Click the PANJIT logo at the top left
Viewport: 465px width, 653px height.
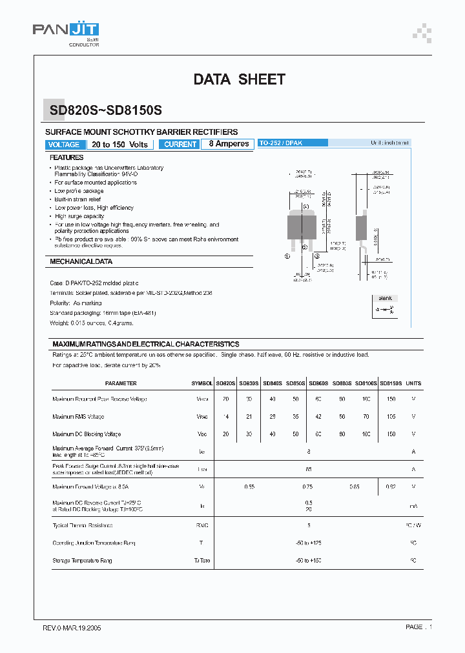click(66, 30)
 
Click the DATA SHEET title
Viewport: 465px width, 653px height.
click(239, 79)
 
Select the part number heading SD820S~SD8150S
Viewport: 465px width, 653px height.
click(106, 110)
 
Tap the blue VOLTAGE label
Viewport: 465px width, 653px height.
click(64, 145)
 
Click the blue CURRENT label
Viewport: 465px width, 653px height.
click(180, 145)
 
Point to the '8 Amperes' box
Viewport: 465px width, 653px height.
click(229, 144)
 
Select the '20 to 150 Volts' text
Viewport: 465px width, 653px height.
click(119, 145)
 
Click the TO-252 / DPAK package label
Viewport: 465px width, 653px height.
click(277, 143)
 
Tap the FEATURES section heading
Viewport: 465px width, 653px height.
click(67, 157)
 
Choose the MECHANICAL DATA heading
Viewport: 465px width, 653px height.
click(81, 262)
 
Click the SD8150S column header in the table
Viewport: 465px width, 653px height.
click(391, 383)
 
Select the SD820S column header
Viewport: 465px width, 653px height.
click(225, 383)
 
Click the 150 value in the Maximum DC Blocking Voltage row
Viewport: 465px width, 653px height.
click(391, 434)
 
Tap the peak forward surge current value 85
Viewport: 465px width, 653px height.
click(309, 469)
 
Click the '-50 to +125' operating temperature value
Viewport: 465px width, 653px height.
click(309, 543)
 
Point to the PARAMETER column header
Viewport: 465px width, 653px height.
click(121, 383)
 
